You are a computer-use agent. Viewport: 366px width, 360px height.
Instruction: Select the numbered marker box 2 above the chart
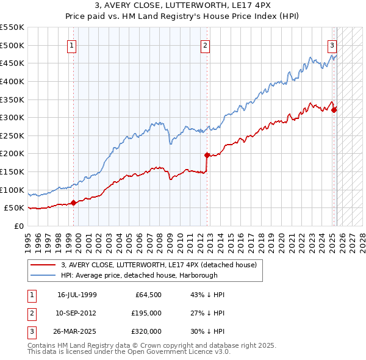click(206, 45)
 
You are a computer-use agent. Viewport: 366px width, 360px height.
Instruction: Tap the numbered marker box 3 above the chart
click(332, 45)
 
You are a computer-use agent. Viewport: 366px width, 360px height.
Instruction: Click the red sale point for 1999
click(74, 203)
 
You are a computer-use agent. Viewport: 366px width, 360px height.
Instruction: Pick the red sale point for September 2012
click(207, 155)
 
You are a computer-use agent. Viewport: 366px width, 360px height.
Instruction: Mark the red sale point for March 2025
click(334, 110)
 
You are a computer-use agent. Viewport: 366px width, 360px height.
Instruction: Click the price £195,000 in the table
click(147, 313)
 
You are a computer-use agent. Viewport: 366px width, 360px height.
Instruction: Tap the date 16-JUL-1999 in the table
click(77, 295)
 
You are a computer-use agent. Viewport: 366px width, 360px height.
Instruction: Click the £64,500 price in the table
click(149, 295)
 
